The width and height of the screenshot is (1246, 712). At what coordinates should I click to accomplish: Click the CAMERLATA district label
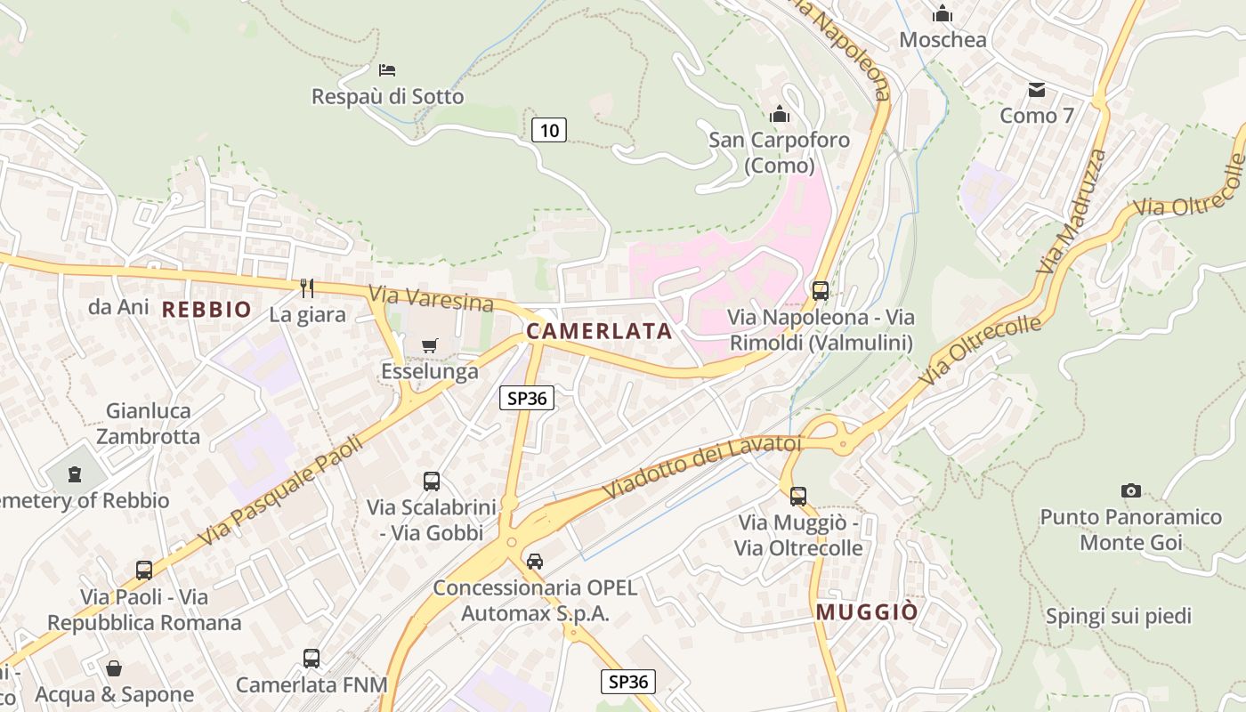[599, 331]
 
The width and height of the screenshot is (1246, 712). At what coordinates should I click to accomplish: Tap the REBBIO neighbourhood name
[206, 310]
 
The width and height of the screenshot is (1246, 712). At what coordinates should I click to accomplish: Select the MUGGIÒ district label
[867, 611]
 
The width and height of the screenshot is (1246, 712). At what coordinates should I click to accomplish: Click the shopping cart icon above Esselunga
[430, 345]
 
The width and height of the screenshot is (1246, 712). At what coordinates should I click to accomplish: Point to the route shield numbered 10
[549, 130]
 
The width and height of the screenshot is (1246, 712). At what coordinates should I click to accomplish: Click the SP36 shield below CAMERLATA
[527, 398]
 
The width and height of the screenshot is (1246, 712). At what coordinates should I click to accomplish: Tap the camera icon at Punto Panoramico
[1131, 490]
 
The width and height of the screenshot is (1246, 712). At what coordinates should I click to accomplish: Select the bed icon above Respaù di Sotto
[387, 69]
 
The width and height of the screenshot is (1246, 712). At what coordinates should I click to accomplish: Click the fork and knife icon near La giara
[307, 287]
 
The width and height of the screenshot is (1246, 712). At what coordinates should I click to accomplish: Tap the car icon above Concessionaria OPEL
[534, 561]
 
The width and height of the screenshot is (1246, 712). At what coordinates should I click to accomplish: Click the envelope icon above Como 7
[1037, 90]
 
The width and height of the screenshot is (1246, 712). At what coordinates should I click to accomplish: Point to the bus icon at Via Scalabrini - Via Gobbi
[432, 481]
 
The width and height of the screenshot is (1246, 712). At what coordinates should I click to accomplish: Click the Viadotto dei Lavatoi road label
[702, 466]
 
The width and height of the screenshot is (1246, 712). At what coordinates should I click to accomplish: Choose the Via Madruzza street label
[1072, 212]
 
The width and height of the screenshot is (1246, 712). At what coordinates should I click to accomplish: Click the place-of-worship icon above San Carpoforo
[780, 114]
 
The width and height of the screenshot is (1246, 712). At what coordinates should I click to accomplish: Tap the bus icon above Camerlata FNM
[311, 659]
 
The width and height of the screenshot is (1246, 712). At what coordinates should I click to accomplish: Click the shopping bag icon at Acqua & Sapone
[114, 668]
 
